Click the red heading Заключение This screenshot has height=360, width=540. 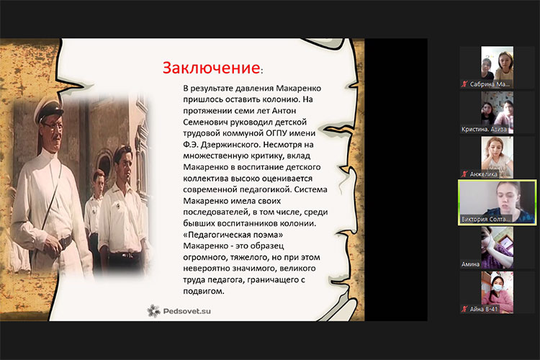point(212,68)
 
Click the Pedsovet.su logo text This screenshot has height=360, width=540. point(187,311)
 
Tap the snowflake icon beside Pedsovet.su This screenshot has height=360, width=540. point(153,311)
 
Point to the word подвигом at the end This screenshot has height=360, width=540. point(204,291)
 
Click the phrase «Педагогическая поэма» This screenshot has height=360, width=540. point(233,235)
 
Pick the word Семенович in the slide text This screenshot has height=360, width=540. point(204,122)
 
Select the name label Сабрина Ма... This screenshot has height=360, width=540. point(490,84)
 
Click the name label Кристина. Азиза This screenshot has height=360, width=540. point(484,130)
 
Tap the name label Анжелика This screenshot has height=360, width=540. point(484,174)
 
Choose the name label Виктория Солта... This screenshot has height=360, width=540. point(485,220)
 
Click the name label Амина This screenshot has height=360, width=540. point(470,264)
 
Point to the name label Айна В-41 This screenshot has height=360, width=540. point(484,310)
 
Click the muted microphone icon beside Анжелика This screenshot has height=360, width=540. point(464,174)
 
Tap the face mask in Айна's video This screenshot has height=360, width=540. point(498,288)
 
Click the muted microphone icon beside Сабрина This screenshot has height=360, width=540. point(464,84)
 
